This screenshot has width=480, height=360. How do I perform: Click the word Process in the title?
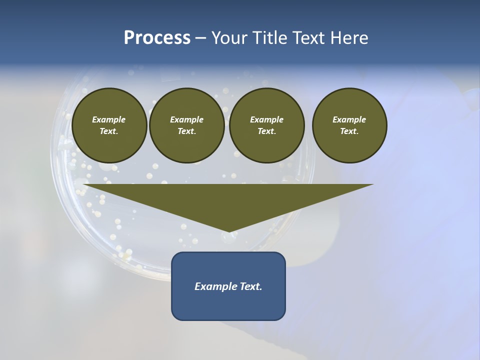tap(157, 38)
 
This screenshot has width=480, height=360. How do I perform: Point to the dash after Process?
tap(200, 38)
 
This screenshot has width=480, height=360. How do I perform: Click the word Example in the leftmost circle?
tap(109, 119)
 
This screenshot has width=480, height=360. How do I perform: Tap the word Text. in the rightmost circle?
tap(349, 131)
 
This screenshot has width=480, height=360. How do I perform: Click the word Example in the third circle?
tap(267, 119)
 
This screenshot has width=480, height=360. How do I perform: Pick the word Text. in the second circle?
tap(187, 131)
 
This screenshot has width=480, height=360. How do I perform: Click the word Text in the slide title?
tap(308, 38)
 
